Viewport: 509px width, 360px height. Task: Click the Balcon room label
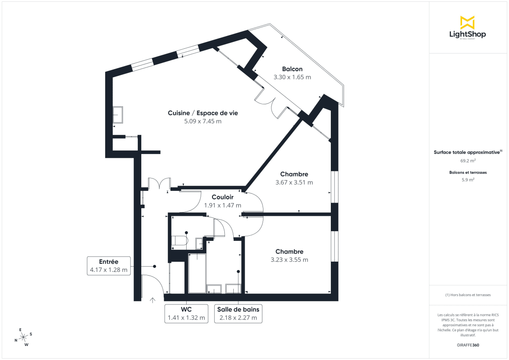[292, 69]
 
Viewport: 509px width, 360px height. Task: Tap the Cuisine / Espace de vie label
[203, 113]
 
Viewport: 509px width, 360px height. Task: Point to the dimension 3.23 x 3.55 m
[289, 260]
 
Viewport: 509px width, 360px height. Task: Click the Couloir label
[223, 197]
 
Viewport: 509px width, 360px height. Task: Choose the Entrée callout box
[109, 266]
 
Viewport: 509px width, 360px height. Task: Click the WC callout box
[186, 313]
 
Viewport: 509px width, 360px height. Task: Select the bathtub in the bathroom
[197, 273]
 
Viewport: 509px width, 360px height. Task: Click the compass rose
[24, 337]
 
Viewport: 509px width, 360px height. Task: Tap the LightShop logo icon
[467, 22]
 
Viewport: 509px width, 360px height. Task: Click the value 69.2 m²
[468, 161]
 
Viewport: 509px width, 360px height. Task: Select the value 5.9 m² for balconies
[468, 179]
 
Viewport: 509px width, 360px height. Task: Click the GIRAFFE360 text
[468, 345]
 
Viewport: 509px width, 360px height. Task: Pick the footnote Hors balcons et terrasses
[468, 295]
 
